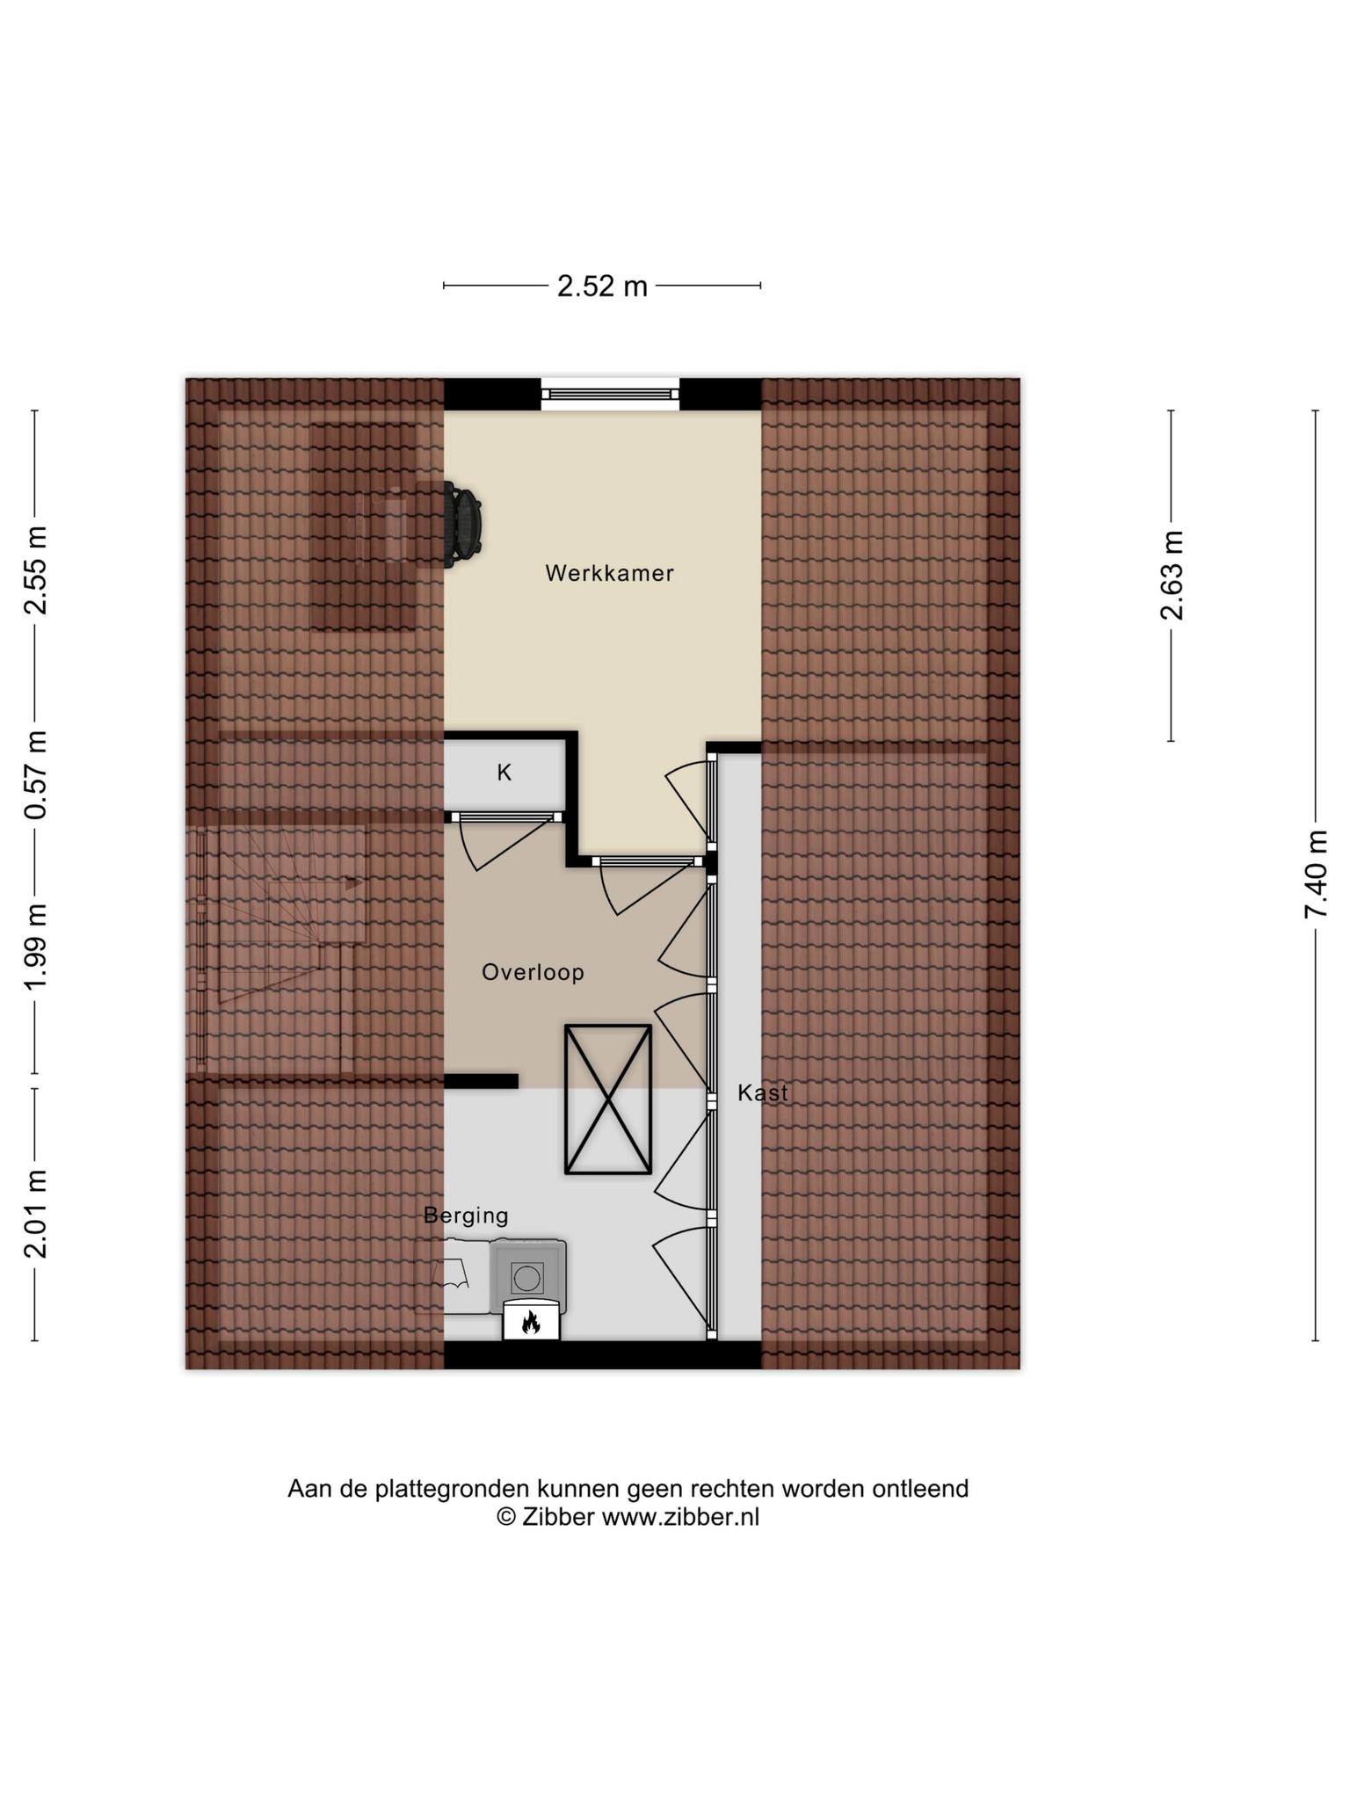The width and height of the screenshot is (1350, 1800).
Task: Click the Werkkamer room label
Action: pyautogui.click(x=609, y=573)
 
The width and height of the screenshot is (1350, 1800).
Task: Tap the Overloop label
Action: pyautogui.click(x=533, y=972)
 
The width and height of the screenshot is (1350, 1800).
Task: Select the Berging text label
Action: pyautogui.click(x=466, y=1216)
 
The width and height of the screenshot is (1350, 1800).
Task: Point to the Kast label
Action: pyautogui.click(x=762, y=1092)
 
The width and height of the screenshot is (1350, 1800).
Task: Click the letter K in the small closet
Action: pyautogui.click(x=504, y=773)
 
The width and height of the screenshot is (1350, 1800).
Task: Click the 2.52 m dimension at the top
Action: pyautogui.click(x=602, y=286)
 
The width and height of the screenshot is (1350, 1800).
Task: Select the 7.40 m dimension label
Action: pyautogui.click(x=1316, y=875)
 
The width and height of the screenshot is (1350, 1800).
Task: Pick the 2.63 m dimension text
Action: pyautogui.click(x=1172, y=576)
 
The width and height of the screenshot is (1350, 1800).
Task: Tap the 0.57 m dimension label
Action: pyautogui.click(x=36, y=774)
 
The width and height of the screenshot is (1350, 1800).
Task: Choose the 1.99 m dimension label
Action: pyautogui.click(x=36, y=947)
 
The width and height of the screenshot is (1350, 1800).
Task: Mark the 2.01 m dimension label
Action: pyautogui.click(x=36, y=1214)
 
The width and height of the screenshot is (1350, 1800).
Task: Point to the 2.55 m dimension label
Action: pyautogui.click(x=36, y=570)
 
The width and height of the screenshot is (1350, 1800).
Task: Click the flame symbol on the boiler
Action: pyautogui.click(x=531, y=1322)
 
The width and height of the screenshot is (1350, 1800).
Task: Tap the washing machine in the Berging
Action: pyautogui.click(x=527, y=1276)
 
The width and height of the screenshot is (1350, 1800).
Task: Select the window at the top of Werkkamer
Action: pyautogui.click(x=610, y=394)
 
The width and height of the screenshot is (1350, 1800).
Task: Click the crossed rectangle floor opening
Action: pyautogui.click(x=607, y=1099)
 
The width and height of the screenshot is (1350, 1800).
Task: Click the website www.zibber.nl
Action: pyautogui.click(x=680, y=1518)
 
